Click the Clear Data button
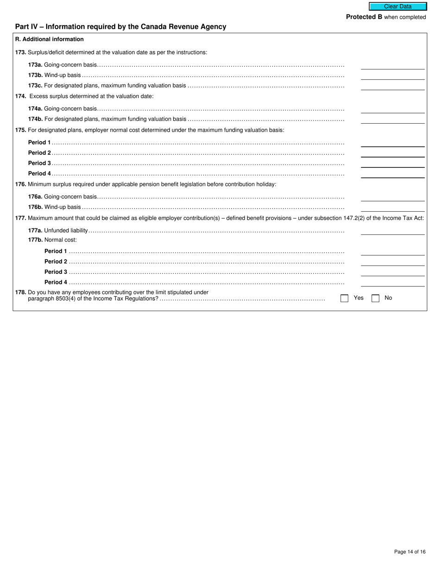tap(397, 6)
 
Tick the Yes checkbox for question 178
tap(344, 298)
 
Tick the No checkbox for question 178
tap(375, 298)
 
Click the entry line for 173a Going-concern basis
tap(392, 65)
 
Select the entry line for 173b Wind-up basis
tap(392, 76)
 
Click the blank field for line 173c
tap(392, 86)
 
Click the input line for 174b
tap(392, 120)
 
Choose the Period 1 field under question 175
tap(392, 143)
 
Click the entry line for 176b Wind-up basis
tap(392, 208)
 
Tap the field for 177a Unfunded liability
tap(392, 231)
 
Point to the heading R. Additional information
tap(50, 39)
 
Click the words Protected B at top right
tap(364, 17)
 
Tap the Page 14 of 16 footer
tap(409, 551)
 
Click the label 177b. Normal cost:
tap(52, 240)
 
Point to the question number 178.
tap(20, 292)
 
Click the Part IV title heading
tap(120, 27)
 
